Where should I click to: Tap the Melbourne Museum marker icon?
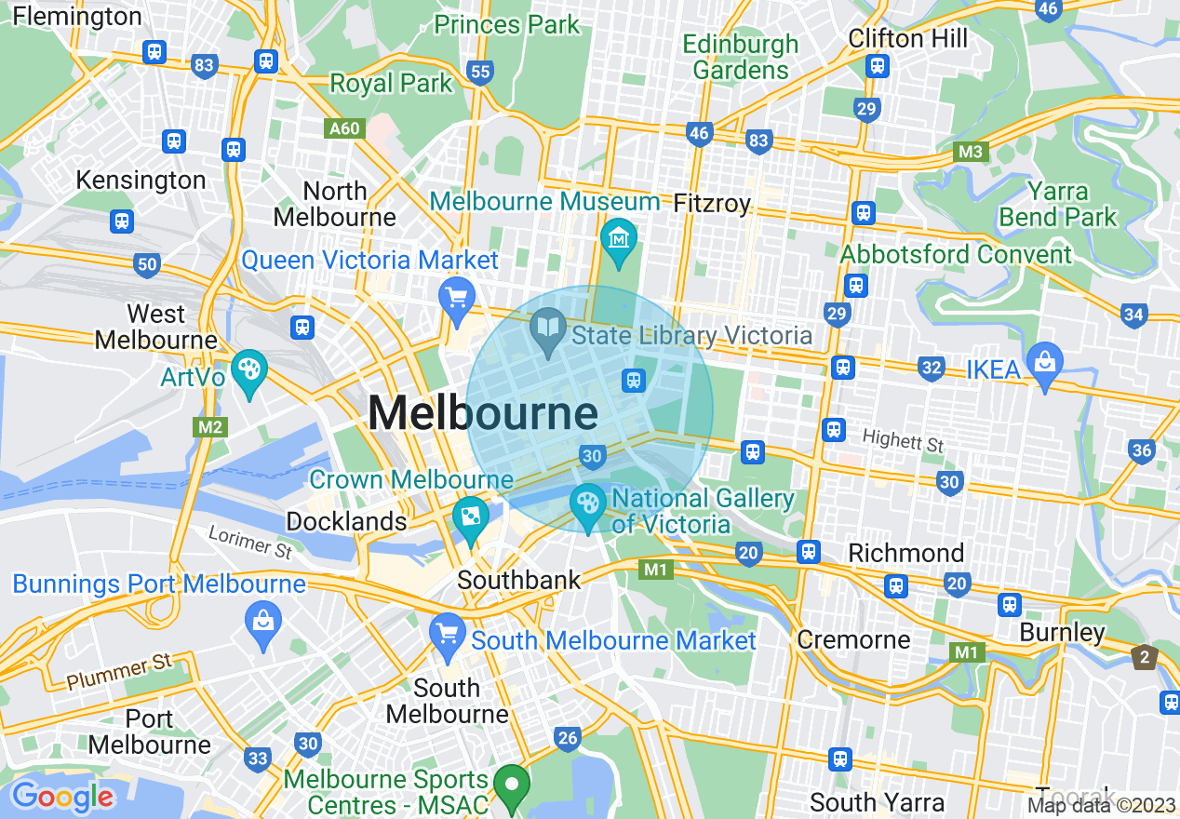click(618, 238)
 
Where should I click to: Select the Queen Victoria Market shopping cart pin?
click(456, 299)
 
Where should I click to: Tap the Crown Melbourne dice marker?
click(469, 517)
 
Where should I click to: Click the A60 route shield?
click(343, 128)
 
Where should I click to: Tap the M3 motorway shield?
click(971, 151)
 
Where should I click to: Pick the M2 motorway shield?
click(209, 427)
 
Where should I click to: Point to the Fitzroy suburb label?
click(712, 202)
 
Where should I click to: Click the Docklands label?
click(346, 521)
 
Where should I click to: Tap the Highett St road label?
click(903, 439)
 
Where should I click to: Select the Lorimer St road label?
click(250, 542)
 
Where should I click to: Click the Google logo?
click(62, 797)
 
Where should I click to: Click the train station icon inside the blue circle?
click(634, 380)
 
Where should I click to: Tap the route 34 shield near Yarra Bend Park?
click(1133, 315)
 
